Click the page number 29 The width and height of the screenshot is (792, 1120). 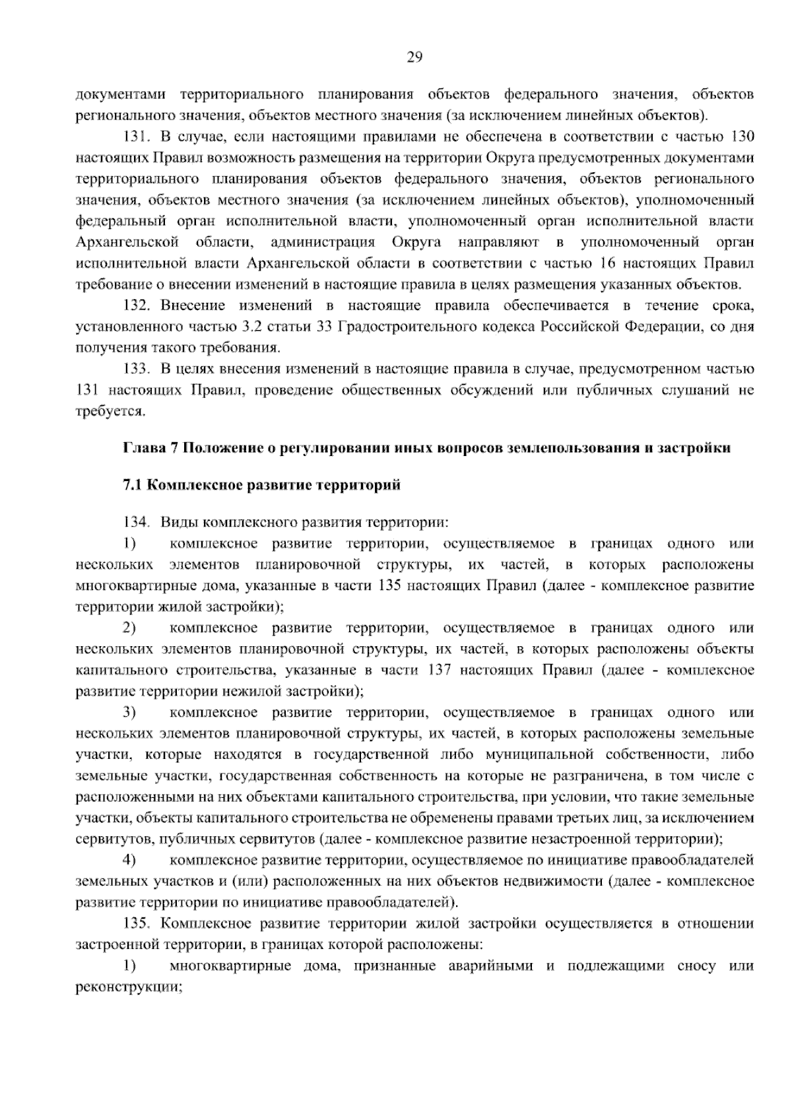(414, 57)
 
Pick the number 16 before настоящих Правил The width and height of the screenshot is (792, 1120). (609, 264)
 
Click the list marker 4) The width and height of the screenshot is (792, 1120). (129, 861)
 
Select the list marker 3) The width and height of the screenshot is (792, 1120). (129, 713)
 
